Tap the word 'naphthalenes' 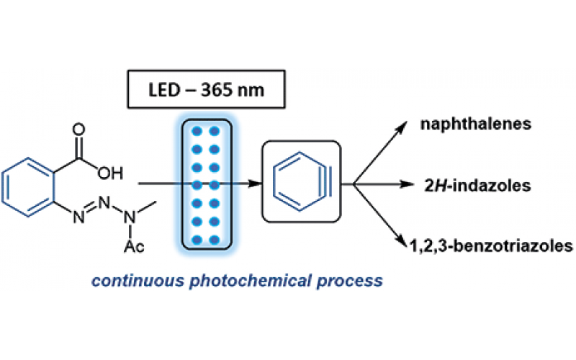click(x=476, y=125)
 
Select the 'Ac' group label click(x=135, y=248)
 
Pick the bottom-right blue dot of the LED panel click(x=214, y=240)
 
